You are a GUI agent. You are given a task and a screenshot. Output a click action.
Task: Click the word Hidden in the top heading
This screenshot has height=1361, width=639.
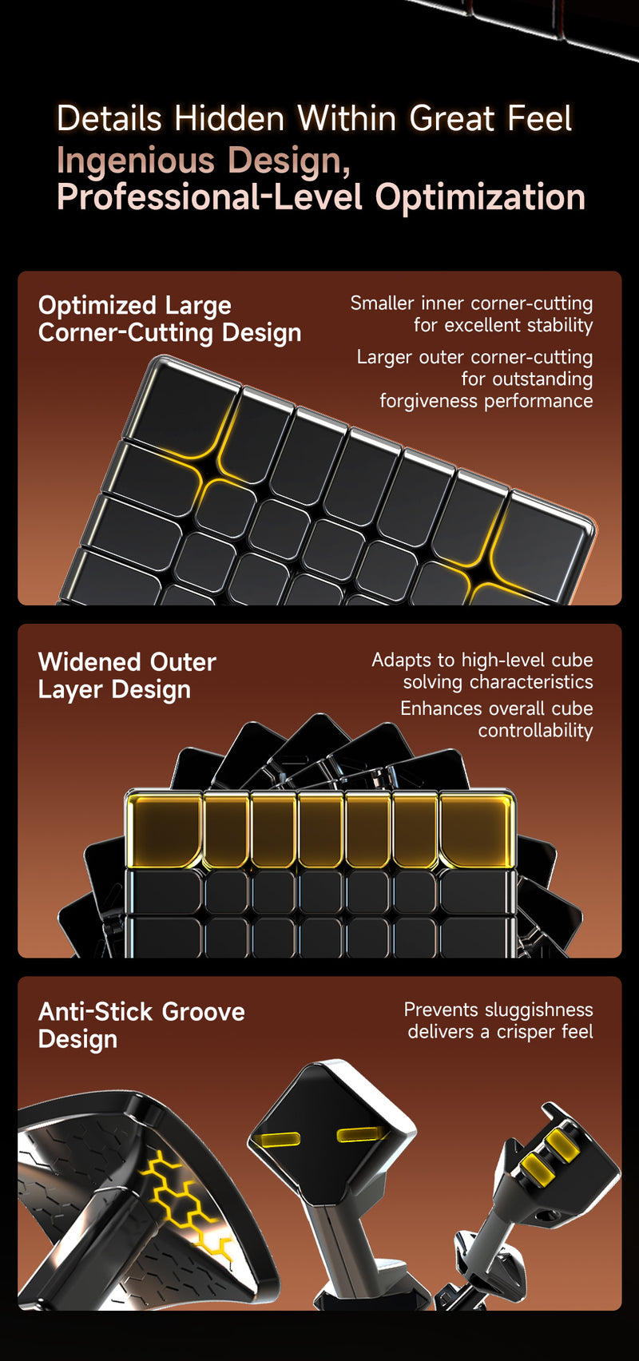(x=229, y=118)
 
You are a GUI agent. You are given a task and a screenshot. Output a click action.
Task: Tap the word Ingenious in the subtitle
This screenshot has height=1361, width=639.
(x=136, y=162)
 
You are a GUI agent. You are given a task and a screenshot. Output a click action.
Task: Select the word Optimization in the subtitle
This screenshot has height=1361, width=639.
(x=480, y=198)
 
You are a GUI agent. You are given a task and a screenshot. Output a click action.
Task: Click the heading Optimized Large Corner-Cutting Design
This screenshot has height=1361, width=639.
(x=169, y=319)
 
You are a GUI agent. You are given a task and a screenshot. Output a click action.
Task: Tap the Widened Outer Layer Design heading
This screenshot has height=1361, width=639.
(x=127, y=677)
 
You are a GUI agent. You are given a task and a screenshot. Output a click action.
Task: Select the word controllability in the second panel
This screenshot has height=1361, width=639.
(x=535, y=730)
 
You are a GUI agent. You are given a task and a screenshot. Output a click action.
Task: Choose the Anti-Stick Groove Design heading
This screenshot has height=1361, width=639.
(x=141, y=1026)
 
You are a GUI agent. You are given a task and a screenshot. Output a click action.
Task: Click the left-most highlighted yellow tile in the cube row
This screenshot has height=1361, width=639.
(x=165, y=829)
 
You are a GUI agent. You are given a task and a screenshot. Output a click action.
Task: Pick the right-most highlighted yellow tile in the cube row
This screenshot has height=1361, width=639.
(x=477, y=829)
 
